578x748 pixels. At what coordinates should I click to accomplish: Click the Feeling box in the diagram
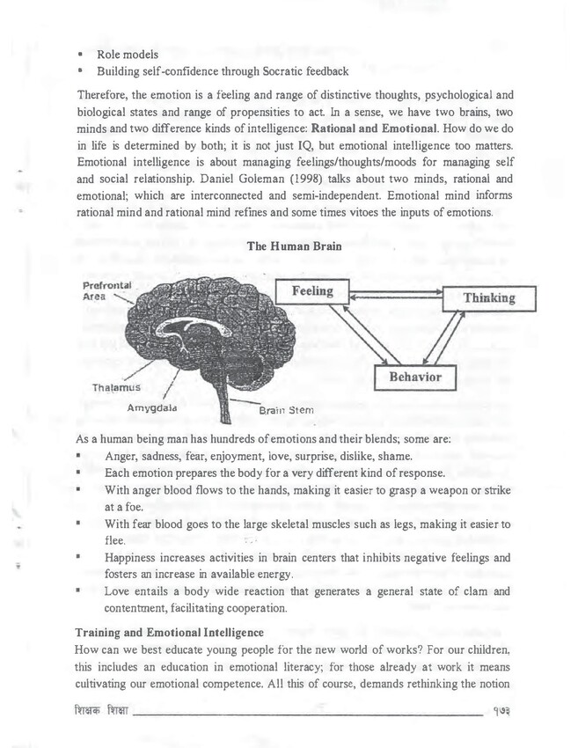click(x=313, y=292)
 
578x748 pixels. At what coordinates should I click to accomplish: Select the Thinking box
click(x=488, y=298)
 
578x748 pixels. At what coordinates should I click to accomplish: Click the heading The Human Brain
click(x=288, y=248)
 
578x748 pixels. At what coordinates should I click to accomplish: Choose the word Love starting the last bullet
click(x=119, y=591)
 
